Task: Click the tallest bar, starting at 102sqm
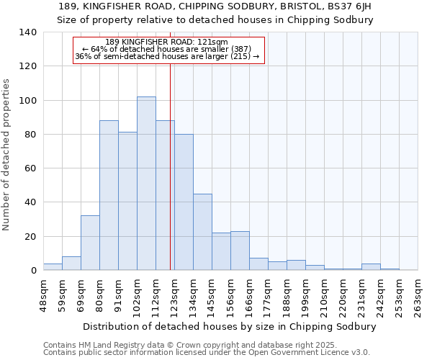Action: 146,184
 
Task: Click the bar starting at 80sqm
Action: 109,195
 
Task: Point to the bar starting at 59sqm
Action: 71,264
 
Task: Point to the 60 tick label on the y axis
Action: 30,168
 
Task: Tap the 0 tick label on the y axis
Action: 33,271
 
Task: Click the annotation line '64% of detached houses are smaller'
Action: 169,48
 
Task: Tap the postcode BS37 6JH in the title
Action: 348,6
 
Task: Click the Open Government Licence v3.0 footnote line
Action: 207,353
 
